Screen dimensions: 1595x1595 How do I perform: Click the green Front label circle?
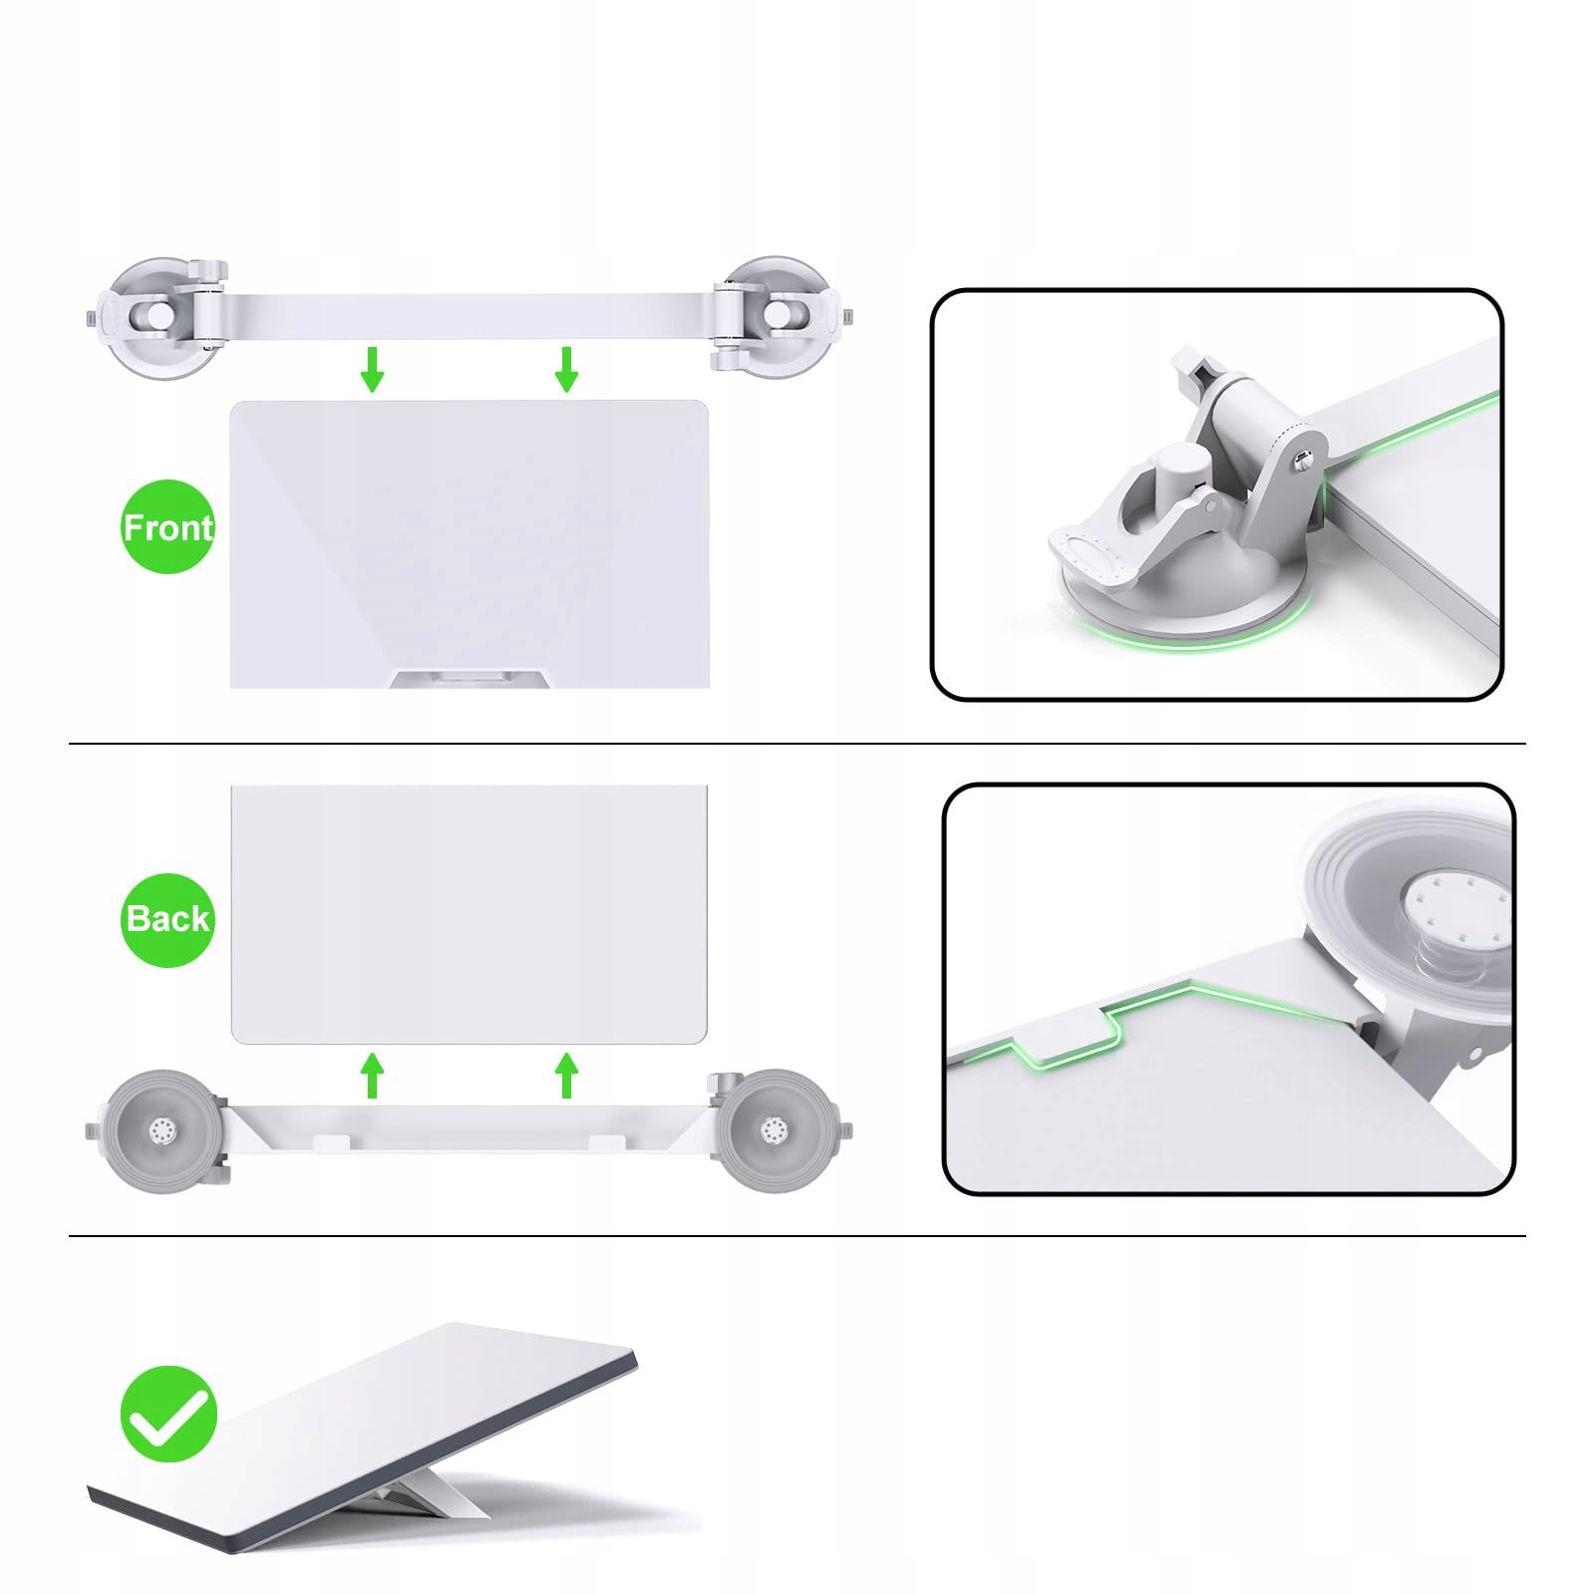point(167,526)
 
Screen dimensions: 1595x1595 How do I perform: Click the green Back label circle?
point(167,920)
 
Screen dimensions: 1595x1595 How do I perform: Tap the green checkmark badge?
point(168,1414)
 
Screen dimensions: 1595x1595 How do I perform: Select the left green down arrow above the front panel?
point(372,369)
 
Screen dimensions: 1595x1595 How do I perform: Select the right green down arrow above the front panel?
point(566,369)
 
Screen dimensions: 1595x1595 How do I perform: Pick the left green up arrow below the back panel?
point(372,1075)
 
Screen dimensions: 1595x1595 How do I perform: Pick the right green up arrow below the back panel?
point(566,1075)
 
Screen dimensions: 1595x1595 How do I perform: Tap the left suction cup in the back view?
point(161,1130)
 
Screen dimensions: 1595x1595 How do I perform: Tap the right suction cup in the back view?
point(776,1130)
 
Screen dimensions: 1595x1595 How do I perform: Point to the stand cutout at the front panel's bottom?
point(470,679)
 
